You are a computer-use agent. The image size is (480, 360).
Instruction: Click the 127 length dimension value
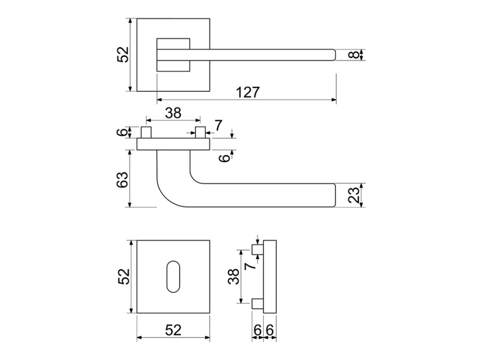point(248,92)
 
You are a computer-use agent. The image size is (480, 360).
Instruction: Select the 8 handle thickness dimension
point(354,55)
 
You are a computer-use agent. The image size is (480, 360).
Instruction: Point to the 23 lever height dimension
point(354,195)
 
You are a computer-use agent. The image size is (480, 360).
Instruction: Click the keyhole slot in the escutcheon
point(173,277)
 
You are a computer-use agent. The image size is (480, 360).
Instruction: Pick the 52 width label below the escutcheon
point(173,330)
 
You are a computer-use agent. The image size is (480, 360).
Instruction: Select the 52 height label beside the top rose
point(123,55)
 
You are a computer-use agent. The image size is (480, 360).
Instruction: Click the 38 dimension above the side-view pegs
point(173,113)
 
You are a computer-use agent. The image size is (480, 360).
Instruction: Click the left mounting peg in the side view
point(146,132)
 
